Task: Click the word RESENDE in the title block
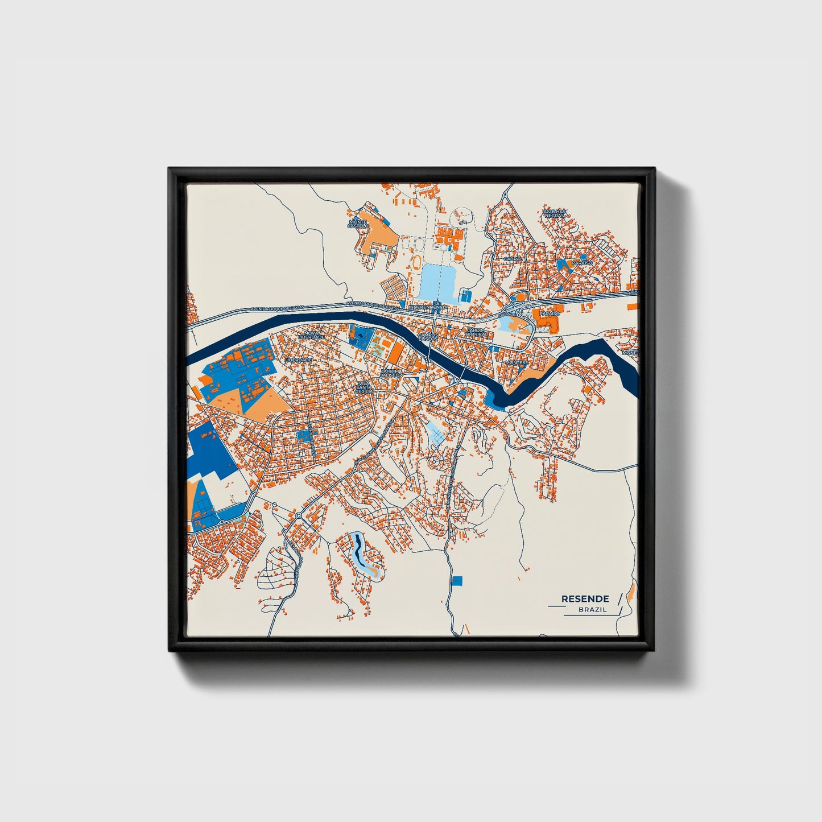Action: click(585, 598)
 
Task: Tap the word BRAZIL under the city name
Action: click(592, 610)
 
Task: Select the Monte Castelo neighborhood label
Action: click(358, 224)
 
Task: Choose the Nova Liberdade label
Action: click(315, 335)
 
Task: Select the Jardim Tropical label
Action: click(476, 332)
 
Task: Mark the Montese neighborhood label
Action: click(517, 362)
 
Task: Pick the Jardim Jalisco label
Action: click(390, 373)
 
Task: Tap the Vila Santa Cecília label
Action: click(364, 387)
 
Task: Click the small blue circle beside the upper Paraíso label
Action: click(583, 257)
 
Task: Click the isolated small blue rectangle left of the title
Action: click(457, 580)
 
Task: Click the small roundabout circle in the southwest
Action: click(298, 515)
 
